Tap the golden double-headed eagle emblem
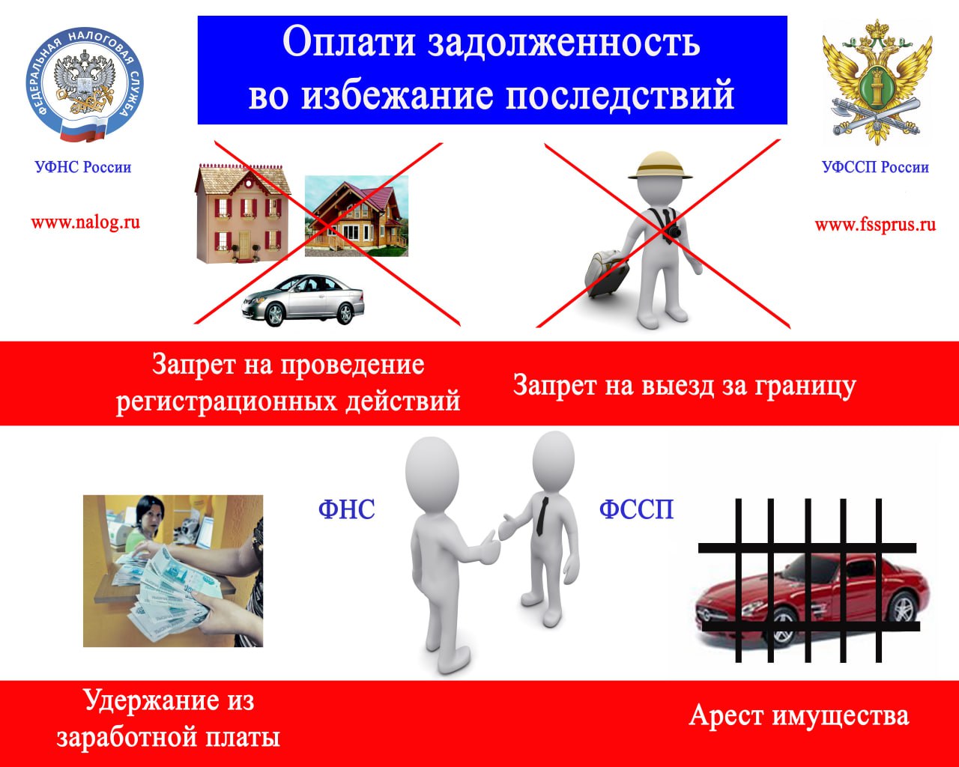coord(877,82)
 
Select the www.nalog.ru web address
coord(85,222)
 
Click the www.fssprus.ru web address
coord(875,224)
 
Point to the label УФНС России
coord(83,167)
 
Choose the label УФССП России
coord(875,167)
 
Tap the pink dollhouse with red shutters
coord(242,213)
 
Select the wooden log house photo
coord(356,216)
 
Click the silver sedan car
coord(303,300)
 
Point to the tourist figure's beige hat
coord(660,166)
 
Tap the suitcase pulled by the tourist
coord(607,273)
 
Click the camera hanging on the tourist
coord(674,231)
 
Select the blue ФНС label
coord(347,509)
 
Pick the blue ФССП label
coord(636,509)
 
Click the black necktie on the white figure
coord(542,516)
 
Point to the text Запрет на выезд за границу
coord(685,386)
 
